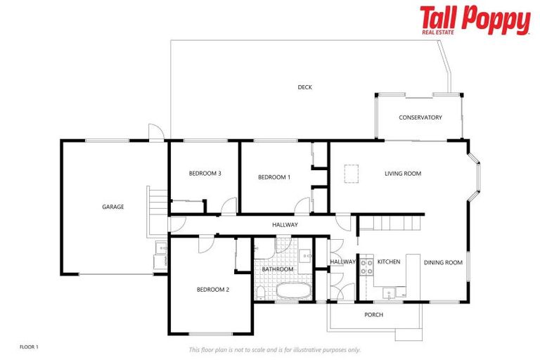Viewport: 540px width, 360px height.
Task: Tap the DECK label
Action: [x=304, y=87]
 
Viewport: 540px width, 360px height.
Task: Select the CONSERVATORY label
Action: [x=420, y=117]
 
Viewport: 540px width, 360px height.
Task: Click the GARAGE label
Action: [x=113, y=207]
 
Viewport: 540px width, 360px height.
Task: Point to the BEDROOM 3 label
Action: [x=205, y=174]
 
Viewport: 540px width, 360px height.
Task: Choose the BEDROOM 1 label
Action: [x=274, y=177]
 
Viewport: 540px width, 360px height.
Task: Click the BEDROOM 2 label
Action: [x=213, y=289]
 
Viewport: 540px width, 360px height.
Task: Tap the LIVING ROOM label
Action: [x=402, y=173]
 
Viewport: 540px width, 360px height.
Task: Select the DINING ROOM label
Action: [x=443, y=262]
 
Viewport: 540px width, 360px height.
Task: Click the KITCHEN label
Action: [x=388, y=262]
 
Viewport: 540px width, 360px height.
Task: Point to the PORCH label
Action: [x=373, y=314]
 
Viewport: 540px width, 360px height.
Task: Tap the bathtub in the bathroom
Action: [x=292, y=290]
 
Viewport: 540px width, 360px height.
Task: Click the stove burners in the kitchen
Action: [x=366, y=266]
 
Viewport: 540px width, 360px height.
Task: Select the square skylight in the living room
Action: [x=351, y=172]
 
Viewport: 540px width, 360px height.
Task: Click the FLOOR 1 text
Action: [x=29, y=347]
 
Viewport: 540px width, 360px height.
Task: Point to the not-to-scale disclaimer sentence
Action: [x=274, y=349]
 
